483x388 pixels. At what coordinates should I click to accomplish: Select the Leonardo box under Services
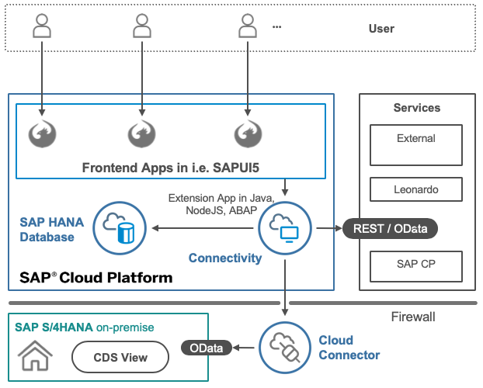416,189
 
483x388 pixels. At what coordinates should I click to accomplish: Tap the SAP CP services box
416,265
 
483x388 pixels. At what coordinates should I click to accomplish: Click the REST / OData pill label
390,228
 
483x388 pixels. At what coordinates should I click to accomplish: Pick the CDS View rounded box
120,358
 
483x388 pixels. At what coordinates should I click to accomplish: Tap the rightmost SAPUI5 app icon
248,133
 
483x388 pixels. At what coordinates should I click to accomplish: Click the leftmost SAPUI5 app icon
42,133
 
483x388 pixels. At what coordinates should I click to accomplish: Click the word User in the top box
381,29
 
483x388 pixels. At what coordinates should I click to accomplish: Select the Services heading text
417,108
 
